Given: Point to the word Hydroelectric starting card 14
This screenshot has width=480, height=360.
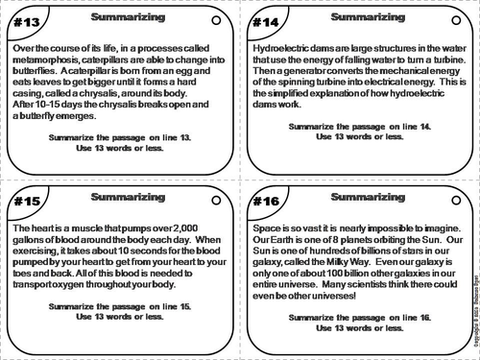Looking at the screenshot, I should point(285,46).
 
